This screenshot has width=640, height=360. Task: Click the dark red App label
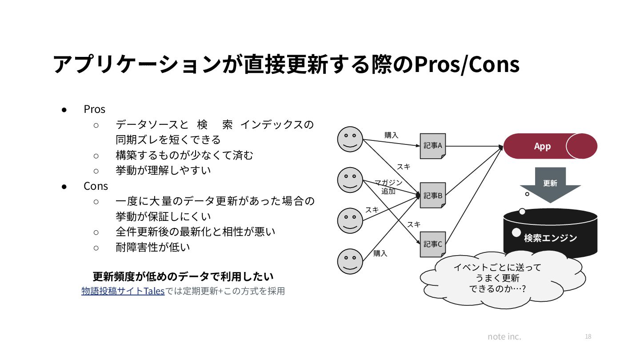tap(542, 146)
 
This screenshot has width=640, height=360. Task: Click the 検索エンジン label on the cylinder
tap(550, 238)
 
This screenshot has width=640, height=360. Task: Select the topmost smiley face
tap(350, 139)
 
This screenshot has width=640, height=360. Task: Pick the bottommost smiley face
tap(350, 261)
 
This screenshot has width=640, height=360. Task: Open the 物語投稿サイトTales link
tap(123, 292)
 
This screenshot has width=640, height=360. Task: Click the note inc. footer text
tap(504, 336)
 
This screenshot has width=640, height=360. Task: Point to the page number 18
tap(588, 336)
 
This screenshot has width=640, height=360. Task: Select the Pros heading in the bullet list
tap(94, 109)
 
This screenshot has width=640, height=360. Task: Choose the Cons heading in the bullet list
tap(96, 186)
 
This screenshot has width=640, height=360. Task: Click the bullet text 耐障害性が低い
tap(152, 247)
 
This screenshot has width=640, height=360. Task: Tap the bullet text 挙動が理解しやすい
tap(163, 170)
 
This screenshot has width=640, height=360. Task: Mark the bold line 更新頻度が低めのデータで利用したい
tap(183, 276)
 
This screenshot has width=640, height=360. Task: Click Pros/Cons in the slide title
tap(467, 65)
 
